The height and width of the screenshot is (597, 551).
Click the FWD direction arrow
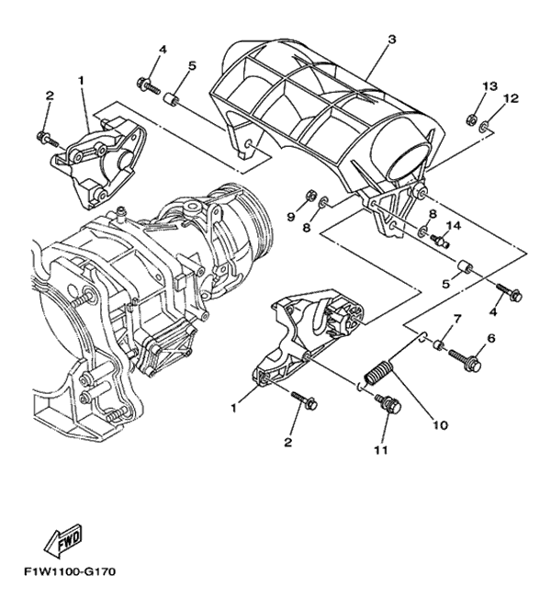pos(62,541)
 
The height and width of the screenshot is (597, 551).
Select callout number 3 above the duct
pos(392,39)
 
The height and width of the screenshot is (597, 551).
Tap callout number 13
pos(490,86)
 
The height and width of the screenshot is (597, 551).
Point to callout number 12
pos(512,98)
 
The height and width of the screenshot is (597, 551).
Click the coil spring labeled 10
pos(379,373)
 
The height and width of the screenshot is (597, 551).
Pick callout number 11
pos(381,450)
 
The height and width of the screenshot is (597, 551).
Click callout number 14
pos(454,226)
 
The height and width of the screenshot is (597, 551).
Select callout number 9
pos(291,217)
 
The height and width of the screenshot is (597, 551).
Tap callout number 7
pos(456,318)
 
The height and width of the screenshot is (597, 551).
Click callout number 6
pos(491,338)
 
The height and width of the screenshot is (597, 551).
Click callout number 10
pos(440,425)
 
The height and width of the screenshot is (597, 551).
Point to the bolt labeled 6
pos(466,359)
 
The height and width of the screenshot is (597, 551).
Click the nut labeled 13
pos(471,120)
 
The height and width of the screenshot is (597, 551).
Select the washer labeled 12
pos(485,126)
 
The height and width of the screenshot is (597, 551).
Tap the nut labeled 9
pos(310,196)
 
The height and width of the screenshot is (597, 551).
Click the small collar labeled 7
pos(440,346)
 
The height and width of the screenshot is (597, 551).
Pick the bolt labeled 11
pos(389,405)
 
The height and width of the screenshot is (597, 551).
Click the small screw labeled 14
pos(440,241)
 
